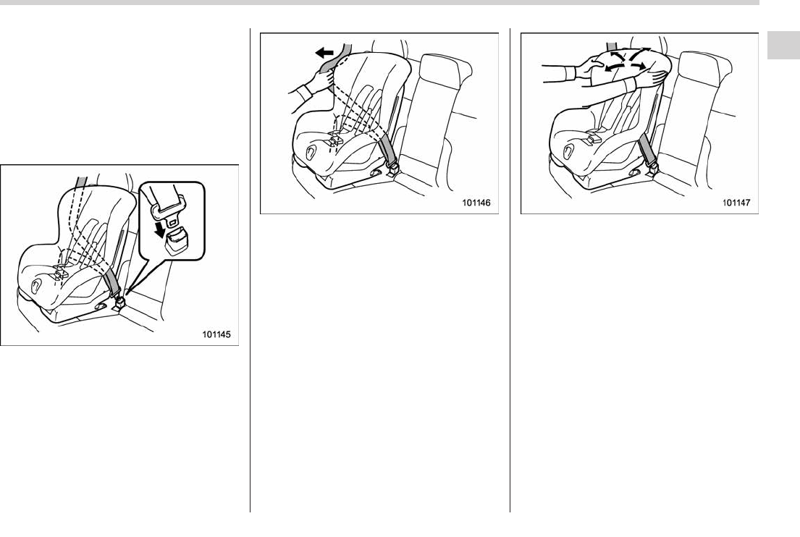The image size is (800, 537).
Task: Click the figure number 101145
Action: (216, 334)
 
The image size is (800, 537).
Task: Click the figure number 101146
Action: (476, 203)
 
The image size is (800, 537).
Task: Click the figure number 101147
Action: (736, 203)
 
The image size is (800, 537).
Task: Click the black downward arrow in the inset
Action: (161, 229)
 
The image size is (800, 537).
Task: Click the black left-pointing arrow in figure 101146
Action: (324, 52)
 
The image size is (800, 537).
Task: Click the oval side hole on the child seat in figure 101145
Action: (37, 286)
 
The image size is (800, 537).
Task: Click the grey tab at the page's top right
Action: (783, 46)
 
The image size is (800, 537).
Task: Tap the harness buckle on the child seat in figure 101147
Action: (594, 137)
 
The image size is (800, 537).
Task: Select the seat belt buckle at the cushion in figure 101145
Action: (121, 305)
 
